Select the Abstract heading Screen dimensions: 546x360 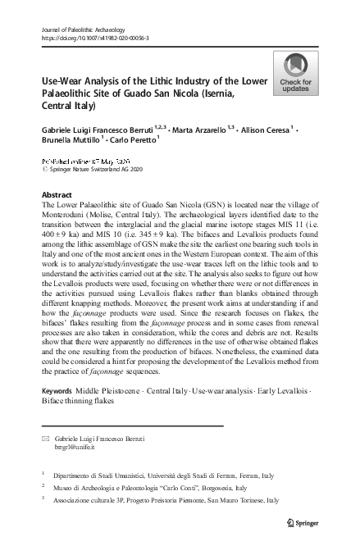pyautogui.click(x=57, y=195)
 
